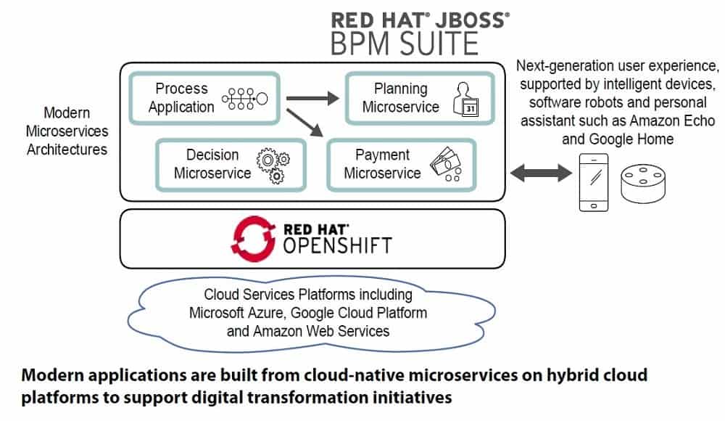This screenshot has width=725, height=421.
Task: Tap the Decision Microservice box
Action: (230, 164)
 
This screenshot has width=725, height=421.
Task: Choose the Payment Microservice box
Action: (400, 165)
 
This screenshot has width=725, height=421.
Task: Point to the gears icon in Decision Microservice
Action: (273, 165)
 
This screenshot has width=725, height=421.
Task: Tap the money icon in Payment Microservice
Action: (448, 165)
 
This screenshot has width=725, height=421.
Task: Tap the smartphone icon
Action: (594, 182)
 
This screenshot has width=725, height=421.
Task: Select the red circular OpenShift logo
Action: (254, 238)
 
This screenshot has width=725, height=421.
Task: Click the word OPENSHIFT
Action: (337, 245)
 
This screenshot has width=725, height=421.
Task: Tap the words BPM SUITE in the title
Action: (405, 44)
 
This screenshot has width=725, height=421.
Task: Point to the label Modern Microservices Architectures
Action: (67, 131)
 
